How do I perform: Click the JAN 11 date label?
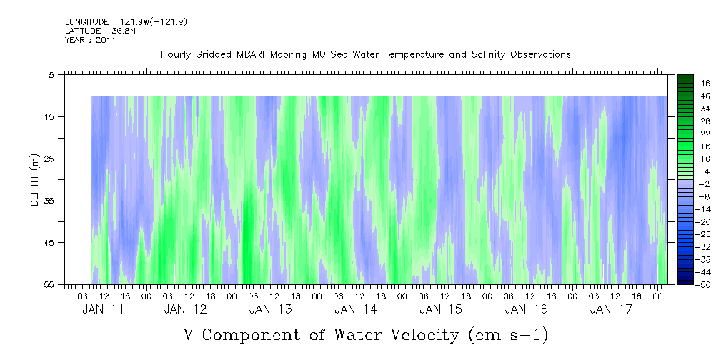click(x=103, y=309)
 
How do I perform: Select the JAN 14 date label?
click(x=356, y=309)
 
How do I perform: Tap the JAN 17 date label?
click(x=610, y=309)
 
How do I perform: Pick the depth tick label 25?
click(x=49, y=159)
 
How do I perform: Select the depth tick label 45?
click(x=49, y=243)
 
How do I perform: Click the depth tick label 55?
click(x=49, y=284)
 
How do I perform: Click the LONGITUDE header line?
click(x=125, y=22)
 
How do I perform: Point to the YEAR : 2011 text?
click(x=90, y=40)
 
